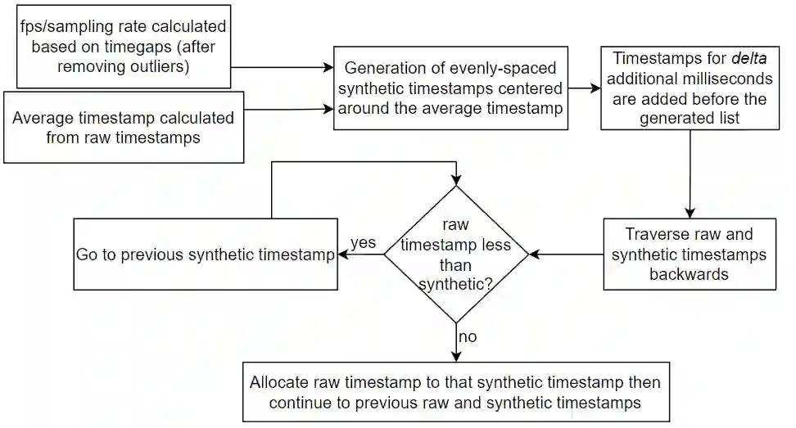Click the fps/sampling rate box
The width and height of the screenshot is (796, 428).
122,47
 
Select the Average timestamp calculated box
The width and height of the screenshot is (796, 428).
124,127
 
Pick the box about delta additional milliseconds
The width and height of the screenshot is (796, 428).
690,88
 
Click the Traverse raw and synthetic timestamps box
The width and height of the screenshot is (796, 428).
690,254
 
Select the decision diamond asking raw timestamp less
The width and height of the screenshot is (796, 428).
457,254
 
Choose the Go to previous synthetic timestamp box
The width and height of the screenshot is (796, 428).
206,254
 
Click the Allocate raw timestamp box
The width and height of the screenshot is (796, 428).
455,391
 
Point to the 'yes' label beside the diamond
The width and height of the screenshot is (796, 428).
363,243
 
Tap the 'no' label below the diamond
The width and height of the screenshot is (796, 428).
468,336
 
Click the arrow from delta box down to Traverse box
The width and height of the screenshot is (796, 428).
690,173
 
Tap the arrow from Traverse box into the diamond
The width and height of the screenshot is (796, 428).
567,254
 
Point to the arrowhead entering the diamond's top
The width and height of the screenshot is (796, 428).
457,181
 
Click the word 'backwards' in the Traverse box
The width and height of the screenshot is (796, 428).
689,274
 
